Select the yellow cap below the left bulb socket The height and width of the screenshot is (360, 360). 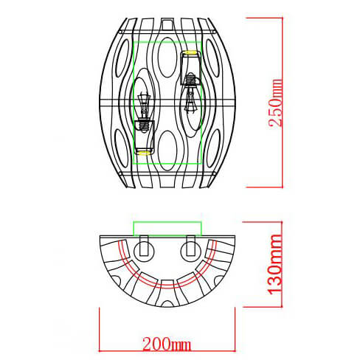143,152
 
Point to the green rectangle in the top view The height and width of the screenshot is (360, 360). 167,227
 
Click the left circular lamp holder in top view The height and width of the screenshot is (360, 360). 144,247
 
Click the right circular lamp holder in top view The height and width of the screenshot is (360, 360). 191,247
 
